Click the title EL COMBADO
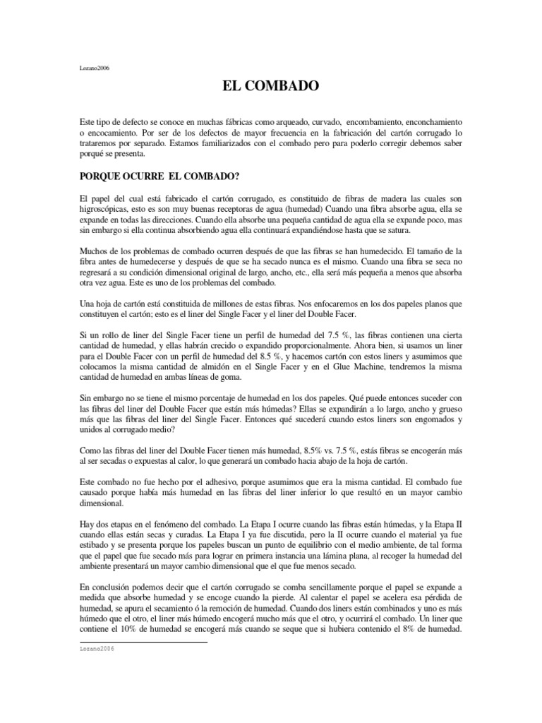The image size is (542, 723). coord(271,87)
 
